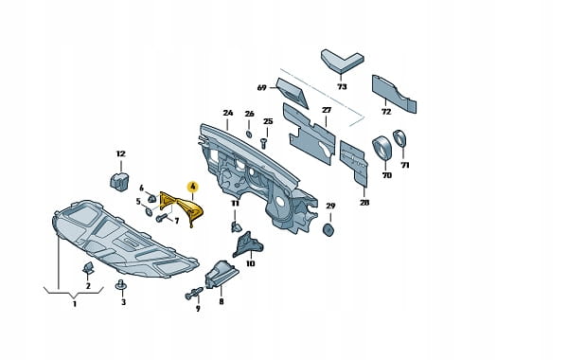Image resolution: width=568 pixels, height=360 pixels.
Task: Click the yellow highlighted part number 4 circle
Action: pos(193,187)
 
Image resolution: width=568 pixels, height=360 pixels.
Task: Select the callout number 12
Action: pos(120,153)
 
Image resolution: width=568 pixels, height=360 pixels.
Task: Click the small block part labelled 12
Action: pos(119,181)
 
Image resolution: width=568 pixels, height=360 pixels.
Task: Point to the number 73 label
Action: pos(342,86)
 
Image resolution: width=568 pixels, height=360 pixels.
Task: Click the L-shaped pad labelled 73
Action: pos(342,60)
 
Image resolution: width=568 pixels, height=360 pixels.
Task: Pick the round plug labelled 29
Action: pos(328,230)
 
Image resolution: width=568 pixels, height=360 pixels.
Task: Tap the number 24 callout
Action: pos(228,113)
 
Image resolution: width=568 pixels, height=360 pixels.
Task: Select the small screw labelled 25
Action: pos(264,143)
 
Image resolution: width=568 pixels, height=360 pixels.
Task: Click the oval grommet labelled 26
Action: pos(249,134)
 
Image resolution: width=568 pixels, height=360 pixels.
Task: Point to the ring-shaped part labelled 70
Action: pos(382,147)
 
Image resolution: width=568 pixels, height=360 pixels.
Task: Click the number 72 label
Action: pos(386,112)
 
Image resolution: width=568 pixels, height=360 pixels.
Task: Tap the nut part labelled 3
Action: pos(122,285)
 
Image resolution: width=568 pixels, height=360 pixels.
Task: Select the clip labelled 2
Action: pos(88,268)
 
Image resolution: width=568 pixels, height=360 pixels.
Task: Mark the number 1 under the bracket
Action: pos(74,303)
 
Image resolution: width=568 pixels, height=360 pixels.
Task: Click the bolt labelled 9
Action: pos(194,293)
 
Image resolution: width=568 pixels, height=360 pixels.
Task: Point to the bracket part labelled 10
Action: pos(248,244)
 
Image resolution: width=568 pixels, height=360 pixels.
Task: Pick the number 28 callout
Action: pos(364,203)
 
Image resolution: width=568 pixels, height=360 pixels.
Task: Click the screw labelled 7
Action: pos(161,218)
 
